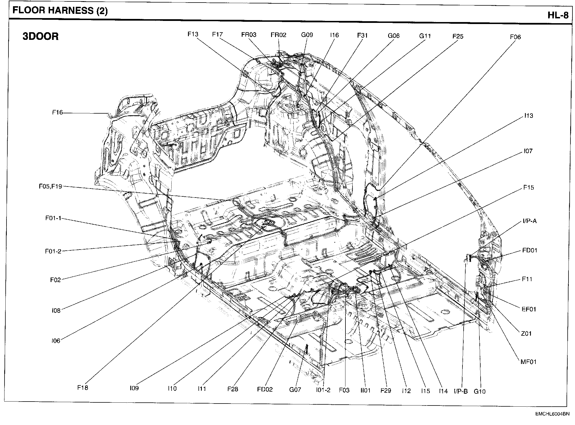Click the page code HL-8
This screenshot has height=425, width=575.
(558, 15)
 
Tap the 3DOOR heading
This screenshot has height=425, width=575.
(40, 36)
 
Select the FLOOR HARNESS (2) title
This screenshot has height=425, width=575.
(60, 11)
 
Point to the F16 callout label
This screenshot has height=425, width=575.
(57, 112)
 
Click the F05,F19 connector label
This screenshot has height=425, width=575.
(50, 187)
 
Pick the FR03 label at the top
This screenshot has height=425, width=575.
(249, 35)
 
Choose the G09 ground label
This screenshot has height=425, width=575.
(307, 35)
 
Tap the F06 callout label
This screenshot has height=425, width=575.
(515, 37)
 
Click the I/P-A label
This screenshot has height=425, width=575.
(529, 221)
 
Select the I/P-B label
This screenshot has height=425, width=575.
(461, 391)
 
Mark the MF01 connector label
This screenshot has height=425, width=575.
(528, 362)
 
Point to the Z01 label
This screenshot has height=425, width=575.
(526, 334)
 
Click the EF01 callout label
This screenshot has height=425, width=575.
(529, 309)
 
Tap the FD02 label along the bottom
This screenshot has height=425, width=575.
(265, 390)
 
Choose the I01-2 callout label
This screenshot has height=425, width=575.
(323, 390)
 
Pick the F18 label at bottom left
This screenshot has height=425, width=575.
(83, 388)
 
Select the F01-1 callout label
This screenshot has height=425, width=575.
(53, 218)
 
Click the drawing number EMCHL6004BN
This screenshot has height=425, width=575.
(552, 414)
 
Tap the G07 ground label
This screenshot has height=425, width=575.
(295, 390)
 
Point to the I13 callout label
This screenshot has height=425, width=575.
(528, 116)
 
